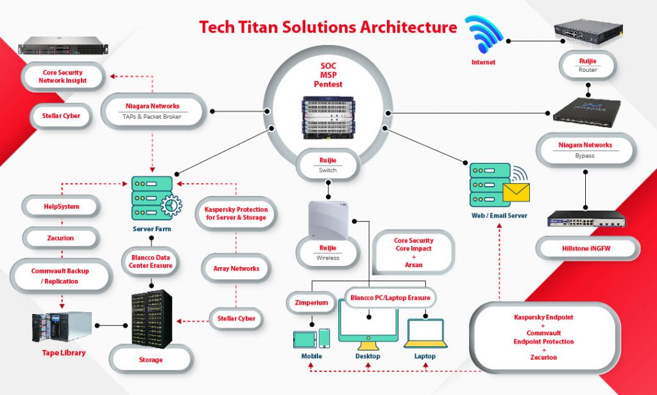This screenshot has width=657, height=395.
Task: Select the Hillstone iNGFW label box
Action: [x=588, y=247]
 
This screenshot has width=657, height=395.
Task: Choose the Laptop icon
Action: [x=424, y=333]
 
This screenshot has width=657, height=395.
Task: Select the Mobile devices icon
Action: [x=311, y=338]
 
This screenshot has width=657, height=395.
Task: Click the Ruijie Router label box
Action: [x=588, y=65]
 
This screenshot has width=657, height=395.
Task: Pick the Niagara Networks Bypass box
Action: [x=584, y=150]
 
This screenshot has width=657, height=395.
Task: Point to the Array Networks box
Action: [x=236, y=268]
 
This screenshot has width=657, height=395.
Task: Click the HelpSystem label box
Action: [x=62, y=206]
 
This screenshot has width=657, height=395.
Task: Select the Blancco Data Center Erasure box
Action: [x=151, y=263]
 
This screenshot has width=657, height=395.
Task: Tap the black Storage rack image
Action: [x=151, y=319]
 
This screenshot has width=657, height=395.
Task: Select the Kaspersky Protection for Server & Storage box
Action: [x=236, y=214]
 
